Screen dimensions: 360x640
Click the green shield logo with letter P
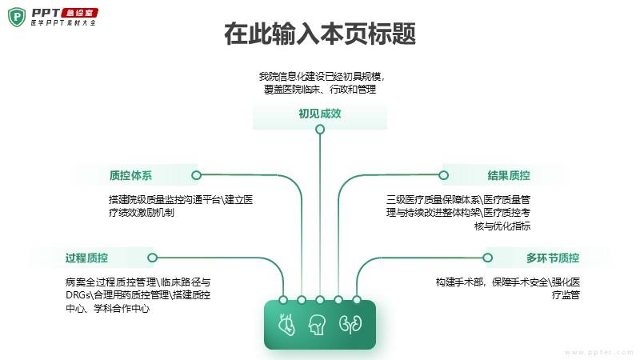coord(17,17)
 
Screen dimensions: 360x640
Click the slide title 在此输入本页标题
coord(320,35)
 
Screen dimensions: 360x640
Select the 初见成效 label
coord(320,114)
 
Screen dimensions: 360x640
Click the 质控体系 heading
coord(130,175)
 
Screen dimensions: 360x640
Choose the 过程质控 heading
coord(86,258)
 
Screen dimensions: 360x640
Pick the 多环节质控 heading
coord(552,258)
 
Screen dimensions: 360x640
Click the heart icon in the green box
coord(286,325)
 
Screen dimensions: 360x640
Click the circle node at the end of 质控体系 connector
coord(196,175)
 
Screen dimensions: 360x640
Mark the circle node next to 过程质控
coord(152,258)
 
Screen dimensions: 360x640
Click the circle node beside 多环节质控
coord(486,258)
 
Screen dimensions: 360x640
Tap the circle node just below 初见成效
coord(320,130)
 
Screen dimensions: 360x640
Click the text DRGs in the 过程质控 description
coord(80,295)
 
